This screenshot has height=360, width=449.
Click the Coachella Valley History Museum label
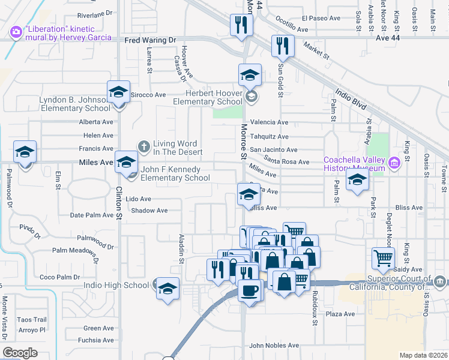(353, 164)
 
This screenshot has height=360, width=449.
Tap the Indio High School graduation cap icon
(167, 287)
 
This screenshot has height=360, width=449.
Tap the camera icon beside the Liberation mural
(16, 31)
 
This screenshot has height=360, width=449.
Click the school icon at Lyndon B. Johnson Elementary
(118, 92)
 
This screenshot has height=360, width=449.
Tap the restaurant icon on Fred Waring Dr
(241, 25)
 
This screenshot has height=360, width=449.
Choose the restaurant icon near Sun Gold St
(282, 46)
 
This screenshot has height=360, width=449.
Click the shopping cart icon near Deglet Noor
(382, 258)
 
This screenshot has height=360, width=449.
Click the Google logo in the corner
(20, 353)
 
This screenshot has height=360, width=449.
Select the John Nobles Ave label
(274, 346)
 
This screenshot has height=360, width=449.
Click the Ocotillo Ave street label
(292, 29)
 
